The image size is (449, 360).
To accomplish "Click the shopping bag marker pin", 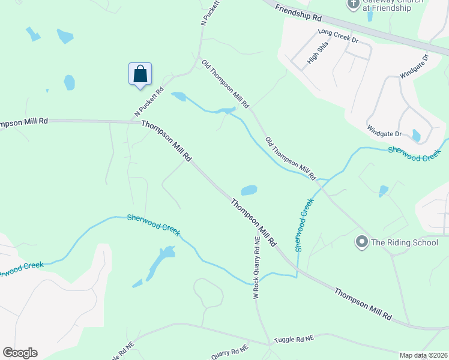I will (x=140, y=74).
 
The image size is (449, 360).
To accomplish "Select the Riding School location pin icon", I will (x=361, y=242).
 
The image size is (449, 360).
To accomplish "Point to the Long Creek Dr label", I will (x=338, y=35).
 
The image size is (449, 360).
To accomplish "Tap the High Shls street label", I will (x=313, y=57).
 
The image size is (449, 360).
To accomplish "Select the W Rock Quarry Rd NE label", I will (x=256, y=266).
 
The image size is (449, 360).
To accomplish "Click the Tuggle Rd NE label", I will (x=294, y=339).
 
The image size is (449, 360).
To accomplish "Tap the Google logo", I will (x=20, y=352).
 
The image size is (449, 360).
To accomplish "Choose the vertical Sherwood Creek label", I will (x=304, y=225).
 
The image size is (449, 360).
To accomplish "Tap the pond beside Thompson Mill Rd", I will (x=249, y=190).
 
